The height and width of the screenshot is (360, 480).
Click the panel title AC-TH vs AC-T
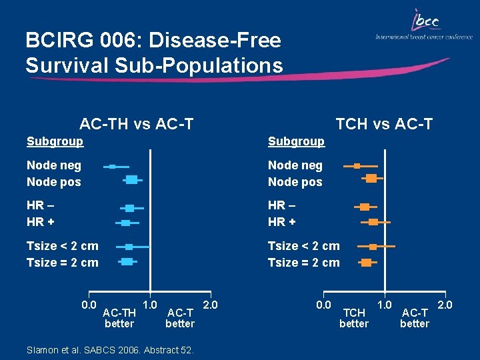pos(137,123)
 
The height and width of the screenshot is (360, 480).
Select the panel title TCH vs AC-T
pos(384,123)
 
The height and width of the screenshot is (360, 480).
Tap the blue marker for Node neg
pos(113,166)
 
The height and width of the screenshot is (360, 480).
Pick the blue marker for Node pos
pos(131,179)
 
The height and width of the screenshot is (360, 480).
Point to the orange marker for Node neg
pos(357,165)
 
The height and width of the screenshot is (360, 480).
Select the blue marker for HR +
pos(125,222)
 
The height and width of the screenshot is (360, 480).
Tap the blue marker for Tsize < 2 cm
pos(129,247)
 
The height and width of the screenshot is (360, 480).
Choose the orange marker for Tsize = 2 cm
pos(367,262)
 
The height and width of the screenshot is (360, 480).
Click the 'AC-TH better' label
pos(119,318)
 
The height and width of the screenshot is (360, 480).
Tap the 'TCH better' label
pos(353,318)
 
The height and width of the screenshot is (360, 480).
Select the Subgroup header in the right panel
pos(296,141)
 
